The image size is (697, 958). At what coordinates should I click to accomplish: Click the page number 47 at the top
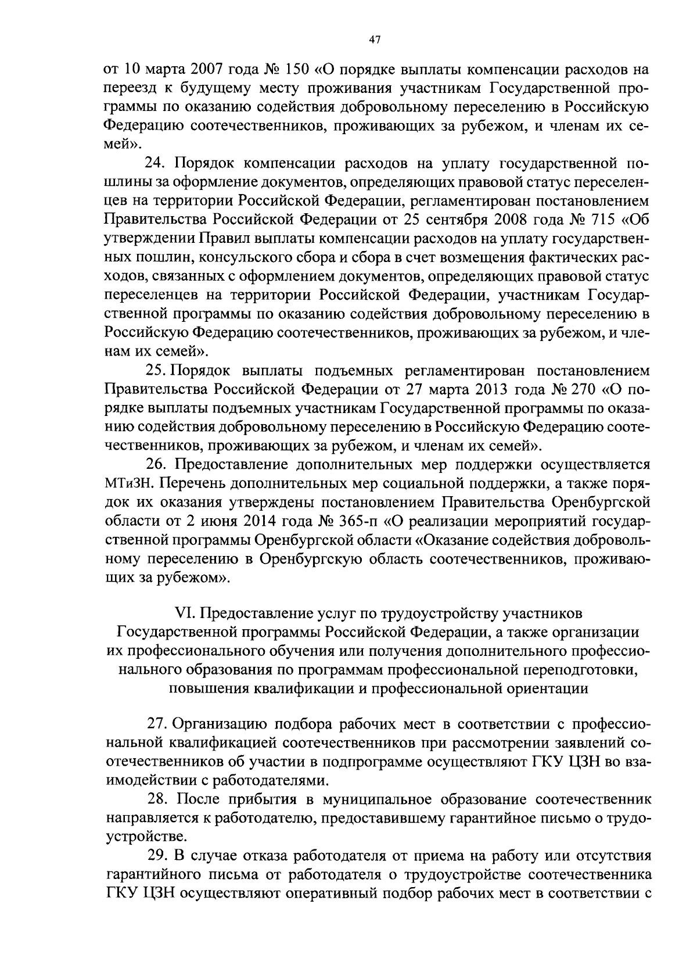[x=374, y=40]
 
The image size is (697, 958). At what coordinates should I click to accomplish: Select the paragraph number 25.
[x=156, y=370]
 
